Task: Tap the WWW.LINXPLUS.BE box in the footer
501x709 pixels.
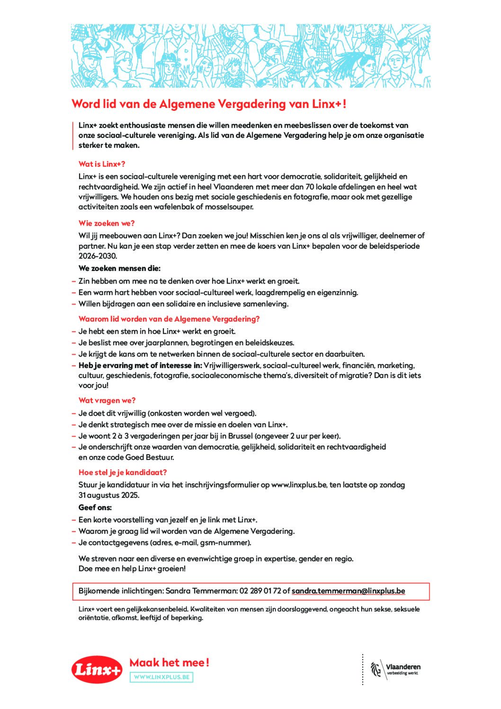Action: coord(162,677)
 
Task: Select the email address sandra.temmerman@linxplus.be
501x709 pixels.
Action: coord(348,591)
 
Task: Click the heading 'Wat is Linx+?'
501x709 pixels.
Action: coord(102,164)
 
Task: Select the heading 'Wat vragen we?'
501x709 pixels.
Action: coord(107,400)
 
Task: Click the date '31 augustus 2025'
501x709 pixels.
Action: coord(109,495)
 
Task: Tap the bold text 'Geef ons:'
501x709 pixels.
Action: coord(95,508)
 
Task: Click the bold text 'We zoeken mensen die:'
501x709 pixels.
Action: coord(119,268)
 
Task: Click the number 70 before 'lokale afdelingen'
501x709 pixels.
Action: coord(310,187)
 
